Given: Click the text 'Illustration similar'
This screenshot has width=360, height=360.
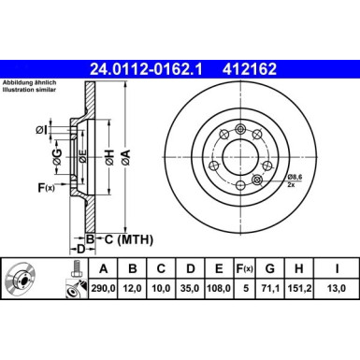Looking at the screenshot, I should pyautogui.click(x=30, y=90).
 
